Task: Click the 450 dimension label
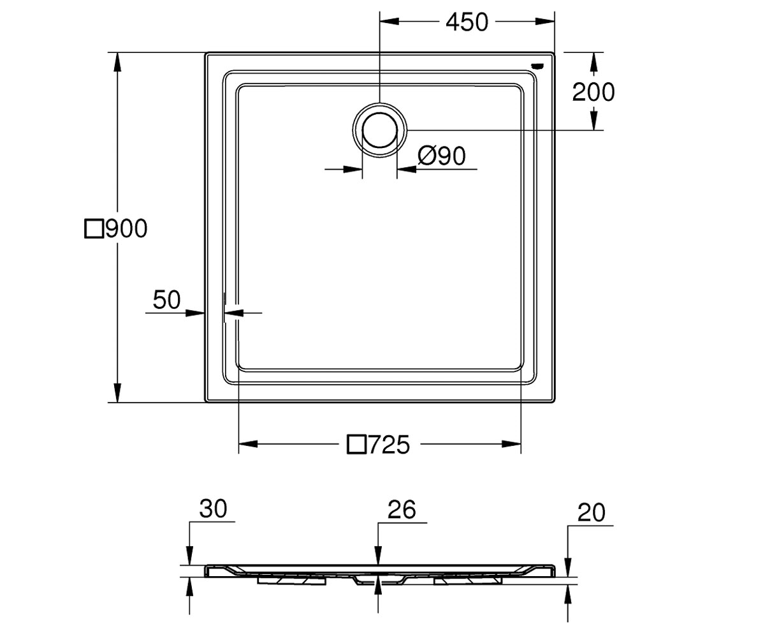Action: coord(467,22)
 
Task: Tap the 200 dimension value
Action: coord(593,92)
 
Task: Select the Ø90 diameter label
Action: coord(442,156)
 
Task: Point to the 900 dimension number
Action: coord(126,228)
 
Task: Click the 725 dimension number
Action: coord(389,445)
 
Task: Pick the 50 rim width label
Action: coord(166,300)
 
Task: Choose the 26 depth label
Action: coord(402,510)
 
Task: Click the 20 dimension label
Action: coord(592,512)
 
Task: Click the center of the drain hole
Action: coord(379,130)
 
